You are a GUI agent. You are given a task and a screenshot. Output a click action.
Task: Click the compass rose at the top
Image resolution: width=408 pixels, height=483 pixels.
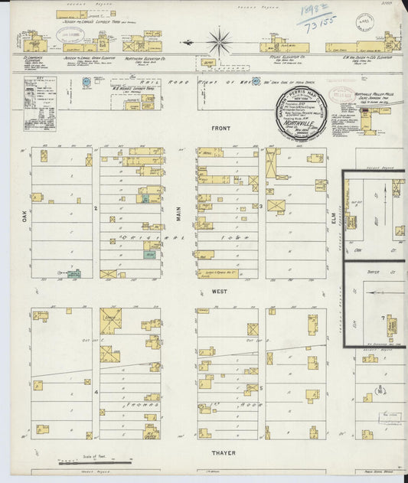220,41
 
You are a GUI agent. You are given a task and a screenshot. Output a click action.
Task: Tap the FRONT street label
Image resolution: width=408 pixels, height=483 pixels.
223,129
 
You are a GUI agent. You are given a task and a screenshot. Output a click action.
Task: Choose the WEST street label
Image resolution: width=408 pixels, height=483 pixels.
220,292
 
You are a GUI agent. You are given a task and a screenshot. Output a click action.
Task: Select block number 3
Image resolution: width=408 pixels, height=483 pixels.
261,206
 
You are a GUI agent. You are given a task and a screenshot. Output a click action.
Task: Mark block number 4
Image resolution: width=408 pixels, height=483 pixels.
96,391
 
